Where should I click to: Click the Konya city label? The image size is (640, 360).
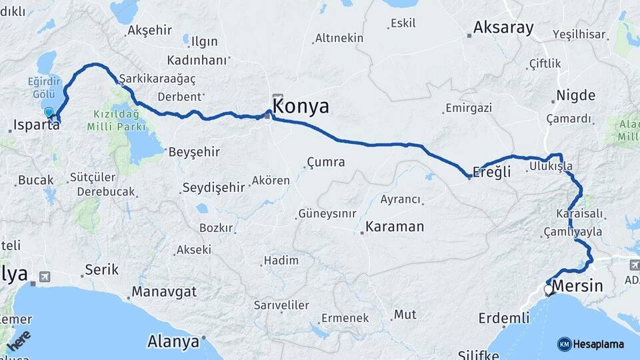point(301,107)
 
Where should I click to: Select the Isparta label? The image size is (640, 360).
point(37,125)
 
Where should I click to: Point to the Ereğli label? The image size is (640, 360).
point(492,172)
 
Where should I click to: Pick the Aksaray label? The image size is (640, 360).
point(503,28)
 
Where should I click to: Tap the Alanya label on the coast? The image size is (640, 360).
point(173,342)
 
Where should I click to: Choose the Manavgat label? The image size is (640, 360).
point(164,292)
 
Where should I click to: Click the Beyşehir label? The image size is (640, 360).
point(194,152)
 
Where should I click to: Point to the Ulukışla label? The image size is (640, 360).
point(551,165)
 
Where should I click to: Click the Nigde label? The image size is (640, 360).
point(576,95)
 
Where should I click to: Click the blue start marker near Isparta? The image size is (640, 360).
point(49,113)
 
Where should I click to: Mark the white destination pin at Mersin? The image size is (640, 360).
point(549,290)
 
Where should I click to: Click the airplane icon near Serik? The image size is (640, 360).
point(45,276)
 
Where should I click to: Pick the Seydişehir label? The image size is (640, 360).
point(214,187)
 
